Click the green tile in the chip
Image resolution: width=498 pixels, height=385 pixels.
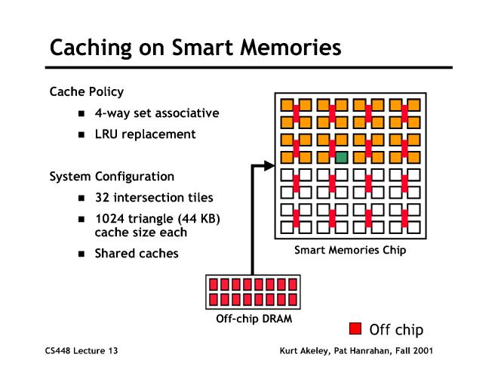coord(341,158)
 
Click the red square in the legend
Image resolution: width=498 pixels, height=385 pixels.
coord(355,328)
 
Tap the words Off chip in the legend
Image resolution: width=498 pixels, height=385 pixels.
coord(396,329)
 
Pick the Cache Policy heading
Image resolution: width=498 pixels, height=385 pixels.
coord(86,91)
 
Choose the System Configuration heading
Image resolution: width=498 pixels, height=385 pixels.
coord(112,177)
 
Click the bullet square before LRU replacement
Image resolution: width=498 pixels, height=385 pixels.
coord(81,135)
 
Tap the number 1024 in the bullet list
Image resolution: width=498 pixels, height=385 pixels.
coord(109,220)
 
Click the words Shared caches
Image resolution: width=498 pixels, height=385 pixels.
coord(136,254)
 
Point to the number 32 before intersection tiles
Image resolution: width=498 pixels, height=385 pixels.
coord(103,199)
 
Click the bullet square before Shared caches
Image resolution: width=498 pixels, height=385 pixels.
coord(81,254)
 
